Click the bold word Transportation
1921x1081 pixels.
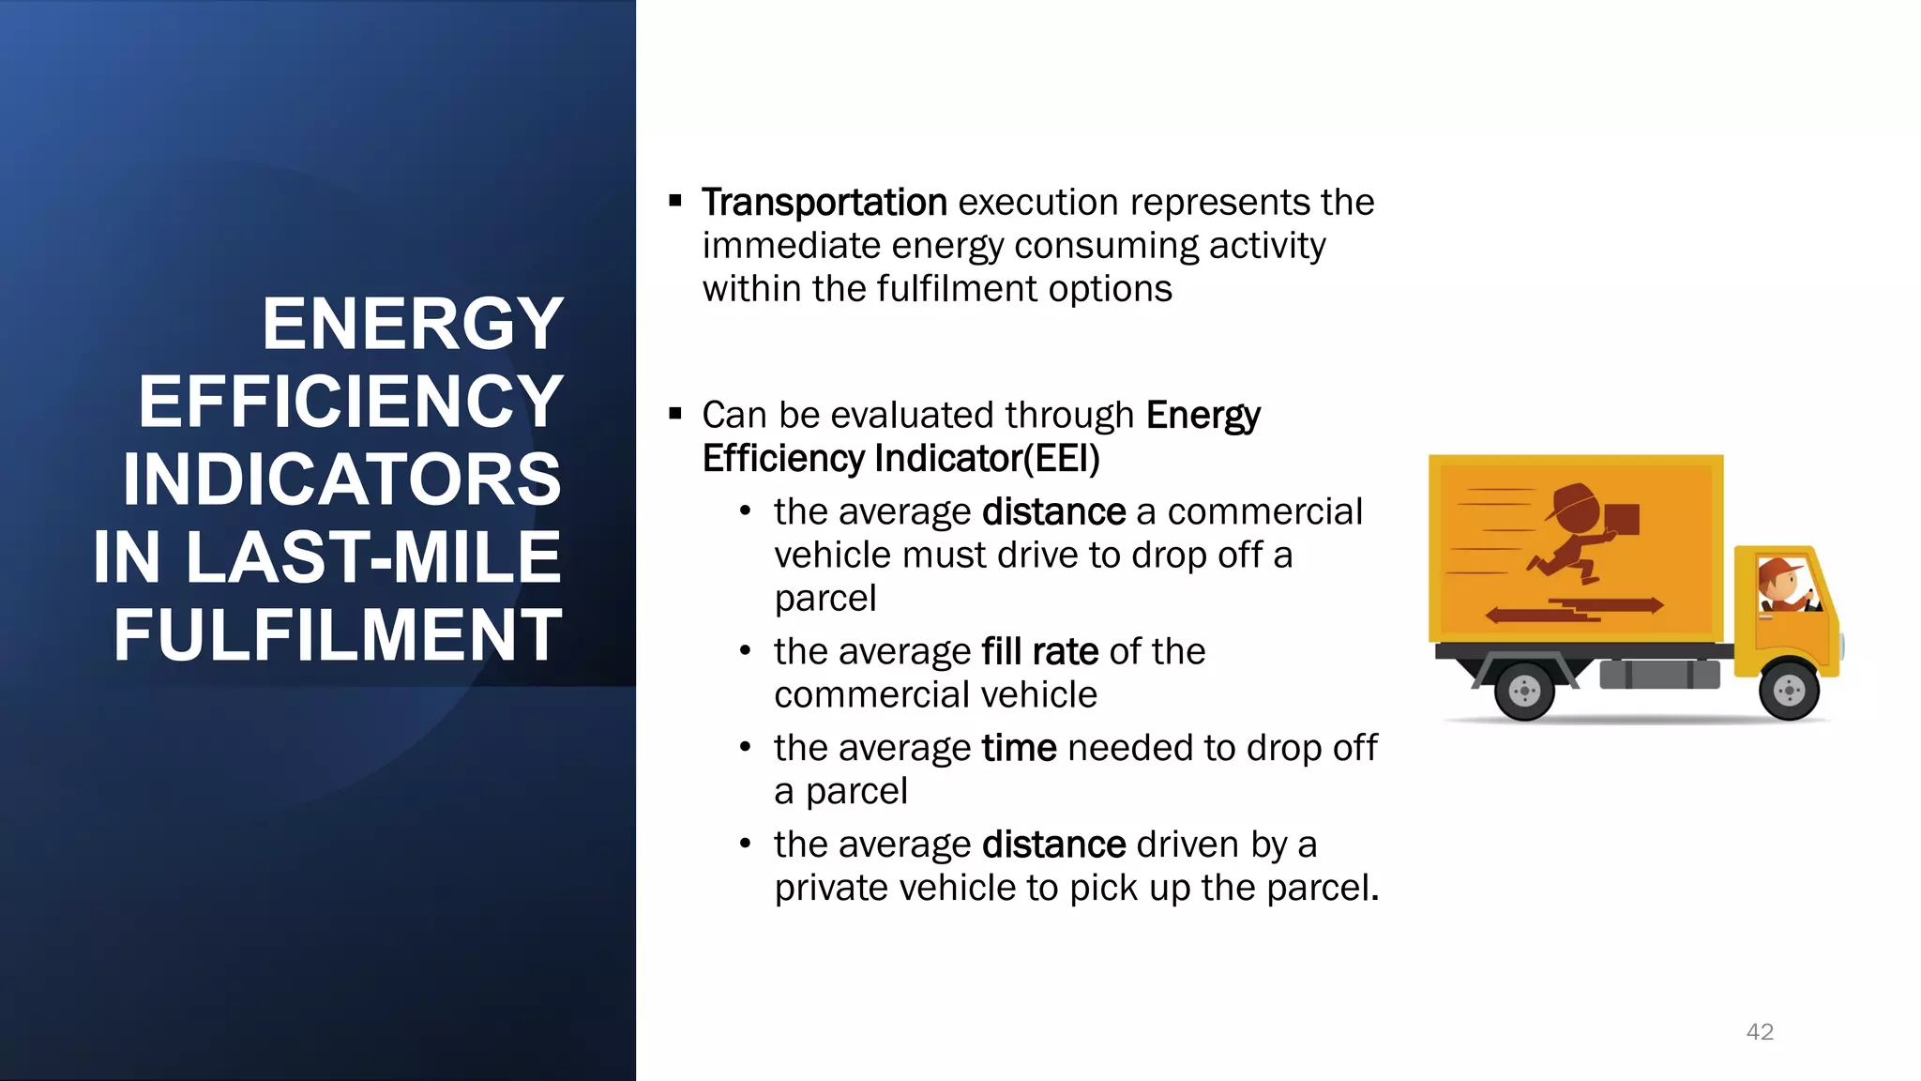click(824, 203)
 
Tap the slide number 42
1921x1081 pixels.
click(1760, 1032)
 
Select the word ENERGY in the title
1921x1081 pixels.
click(413, 324)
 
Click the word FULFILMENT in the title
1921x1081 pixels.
click(338, 635)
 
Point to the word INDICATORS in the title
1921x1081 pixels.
click(342, 480)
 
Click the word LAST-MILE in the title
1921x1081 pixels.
click(372, 557)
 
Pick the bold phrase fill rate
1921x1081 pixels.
click(1039, 651)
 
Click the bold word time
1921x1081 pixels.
click(1019, 748)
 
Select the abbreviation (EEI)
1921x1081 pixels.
click(1061, 459)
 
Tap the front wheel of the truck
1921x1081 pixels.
click(1788, 692)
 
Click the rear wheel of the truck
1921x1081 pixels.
click(1524, 692)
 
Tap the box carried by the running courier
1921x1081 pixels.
click(1622, 519)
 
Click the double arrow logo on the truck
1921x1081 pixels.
click(1574, 610)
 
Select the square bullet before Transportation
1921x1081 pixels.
click(675, 201)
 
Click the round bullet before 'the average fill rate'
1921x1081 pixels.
click(745, 650)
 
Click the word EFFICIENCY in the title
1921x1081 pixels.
click(351, 402)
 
